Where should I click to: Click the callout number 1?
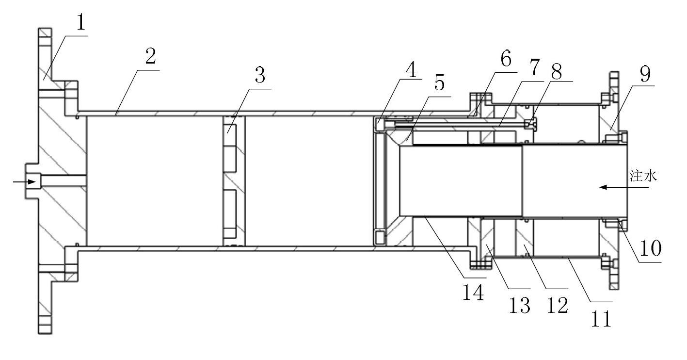(80, 23)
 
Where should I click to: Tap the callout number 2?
(151, 56)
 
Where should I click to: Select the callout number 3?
(260, 75)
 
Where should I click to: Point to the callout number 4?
(411, 69)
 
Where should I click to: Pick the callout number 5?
(440, 82)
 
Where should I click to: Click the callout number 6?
(506, 58)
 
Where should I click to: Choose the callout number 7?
(534, 67)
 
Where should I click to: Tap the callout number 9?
(645, 74)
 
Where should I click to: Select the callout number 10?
(651, 248)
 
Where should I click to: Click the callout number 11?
(602, 319)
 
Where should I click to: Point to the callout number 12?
(558, 305)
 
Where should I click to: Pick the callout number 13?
(520, 305)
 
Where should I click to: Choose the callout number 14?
(473, 292)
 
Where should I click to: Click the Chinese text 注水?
(643, 176)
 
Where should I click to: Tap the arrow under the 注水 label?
(624, 187)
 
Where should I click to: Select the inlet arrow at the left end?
(25, 182)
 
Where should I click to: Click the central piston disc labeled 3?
(234, 181)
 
